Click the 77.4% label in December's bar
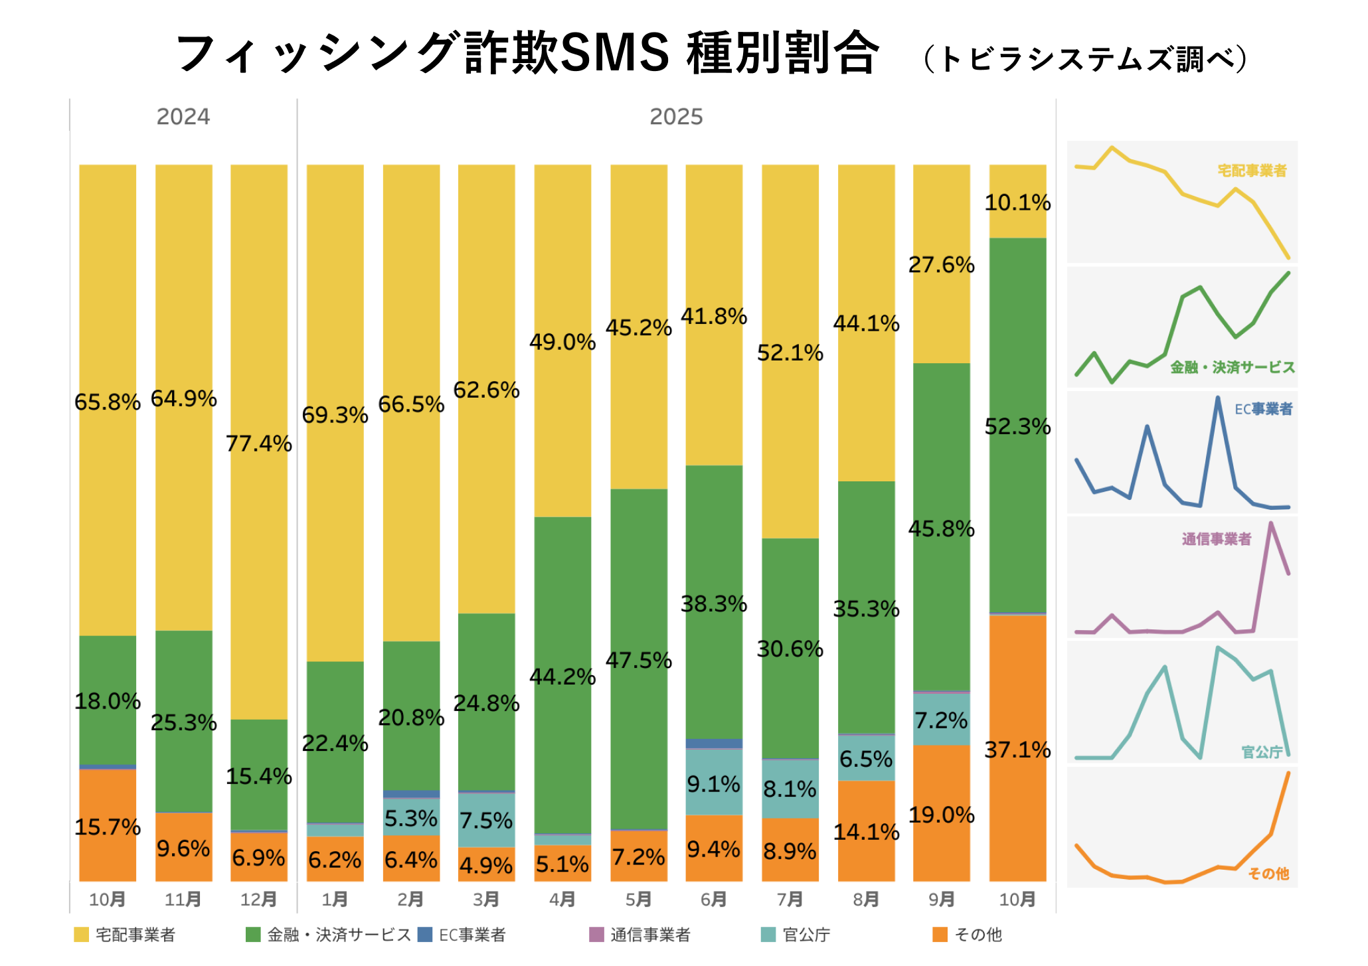pyautogui.click(x=259, y=443)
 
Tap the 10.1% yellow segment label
pyautogui.click(x=1017, y=202)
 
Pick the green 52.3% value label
pyautogui.click(x=1017, y=426)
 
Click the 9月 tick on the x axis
pyautogui.click(x=942, y=900)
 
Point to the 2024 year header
pyautogui.click(x=183, y=117)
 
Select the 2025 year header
pyautogui.click(x=676, y=117)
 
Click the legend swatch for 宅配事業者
pyautogui.click(x=81, y=935)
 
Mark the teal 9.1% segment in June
pyautogui.click(x=714, y=783)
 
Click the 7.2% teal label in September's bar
pyautogui.click(x=942, y=720)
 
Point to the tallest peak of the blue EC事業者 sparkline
pyautogui.click(x=1218, y=398)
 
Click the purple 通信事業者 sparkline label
pyautogui.click(x=1216, y=539)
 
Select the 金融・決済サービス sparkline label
pyautogui.click(x=1233, y=367)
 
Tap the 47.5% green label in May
pyautogui.click(x=639, y=661)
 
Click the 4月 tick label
pyautogui.click(x=562, y=900)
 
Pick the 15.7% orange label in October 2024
pyautogui.click(x=108, y=827)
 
